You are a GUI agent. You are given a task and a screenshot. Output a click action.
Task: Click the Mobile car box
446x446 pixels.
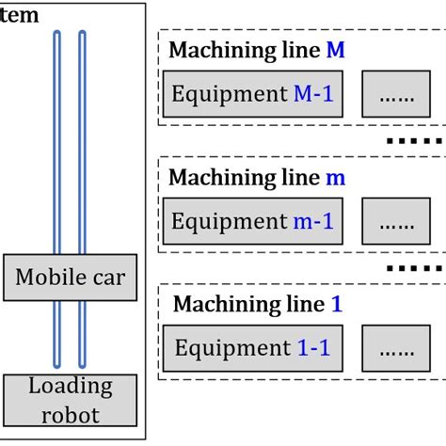[x=71, y=278]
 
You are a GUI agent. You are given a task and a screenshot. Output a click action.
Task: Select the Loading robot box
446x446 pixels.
[x=71, y=399]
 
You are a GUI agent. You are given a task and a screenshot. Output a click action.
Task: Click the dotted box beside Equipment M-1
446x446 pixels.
[x=396, y=94]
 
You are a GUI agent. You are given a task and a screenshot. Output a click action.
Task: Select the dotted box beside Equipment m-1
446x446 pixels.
[x=396, y=223]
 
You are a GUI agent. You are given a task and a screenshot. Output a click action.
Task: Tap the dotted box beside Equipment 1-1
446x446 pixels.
[x=396, y=349]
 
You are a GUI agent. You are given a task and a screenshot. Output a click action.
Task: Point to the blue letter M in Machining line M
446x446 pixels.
[x=335, y=52]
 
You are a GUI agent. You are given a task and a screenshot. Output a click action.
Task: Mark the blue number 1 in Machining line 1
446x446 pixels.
[x=337, y=305]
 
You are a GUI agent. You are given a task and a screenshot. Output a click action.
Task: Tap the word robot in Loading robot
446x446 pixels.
[x=71, y=414]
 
